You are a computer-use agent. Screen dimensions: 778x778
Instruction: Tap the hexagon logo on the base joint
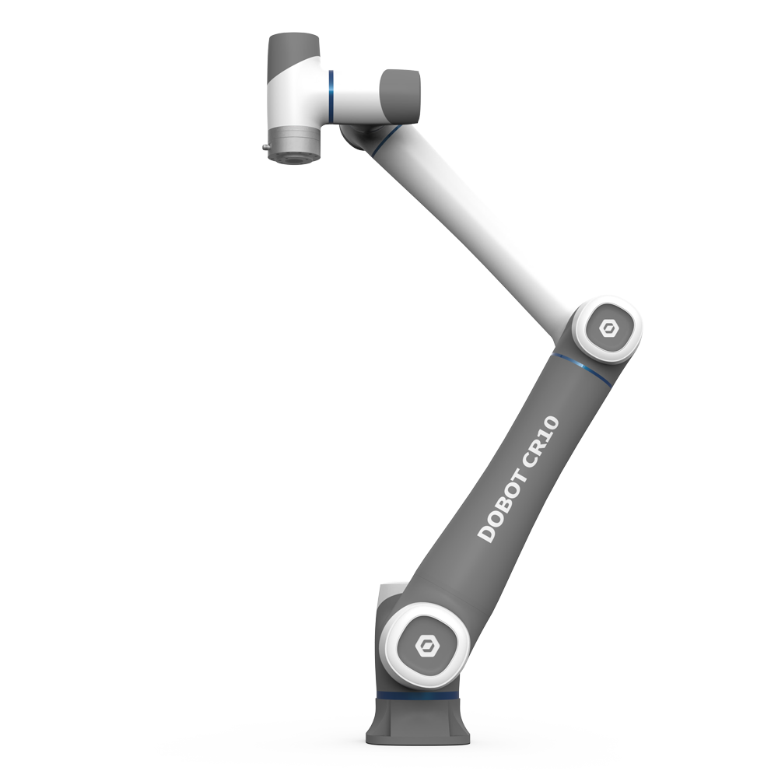[x=426, y=645]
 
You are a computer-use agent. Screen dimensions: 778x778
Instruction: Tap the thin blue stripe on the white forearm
[x=384, y=139]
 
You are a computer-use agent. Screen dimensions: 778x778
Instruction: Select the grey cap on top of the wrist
[x=293, y=51]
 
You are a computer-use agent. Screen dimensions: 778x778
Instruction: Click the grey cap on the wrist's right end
[x=401, y=92]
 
